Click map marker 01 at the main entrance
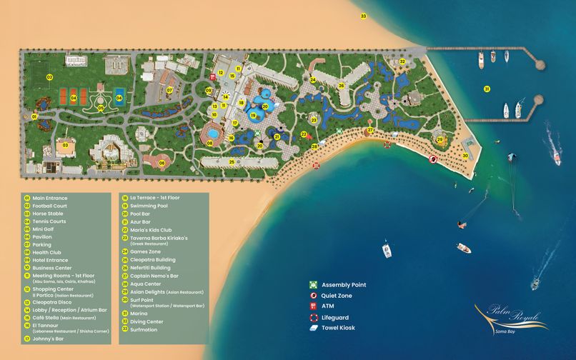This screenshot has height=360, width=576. coord(34,116)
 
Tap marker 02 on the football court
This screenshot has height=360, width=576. coord(49,76)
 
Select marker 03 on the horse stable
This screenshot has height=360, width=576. coord(65,145)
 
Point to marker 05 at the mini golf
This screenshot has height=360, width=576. coord(101,109)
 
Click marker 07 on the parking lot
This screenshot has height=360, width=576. coord(169,90)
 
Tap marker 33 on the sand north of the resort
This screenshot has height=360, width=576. coord(363,16)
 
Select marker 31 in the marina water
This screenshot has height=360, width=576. coord(487,89)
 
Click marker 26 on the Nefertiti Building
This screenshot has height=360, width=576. coord(341,86)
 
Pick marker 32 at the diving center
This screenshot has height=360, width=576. coord(402,62)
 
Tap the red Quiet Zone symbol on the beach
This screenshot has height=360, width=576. coord(434,160)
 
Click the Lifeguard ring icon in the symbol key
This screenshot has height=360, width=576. coord(313,317)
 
